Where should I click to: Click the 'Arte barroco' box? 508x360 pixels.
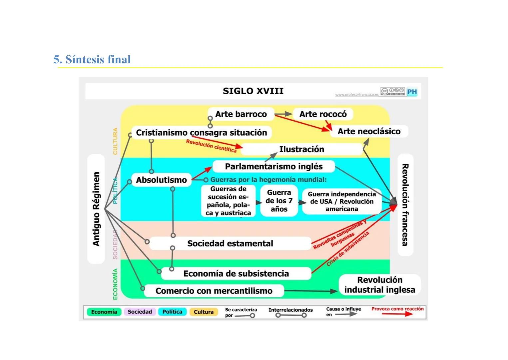(241, 114)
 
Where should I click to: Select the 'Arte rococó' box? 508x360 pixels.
(323, 114)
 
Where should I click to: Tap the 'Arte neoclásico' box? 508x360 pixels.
(369, 131)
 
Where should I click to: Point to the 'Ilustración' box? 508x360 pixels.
(301, 149)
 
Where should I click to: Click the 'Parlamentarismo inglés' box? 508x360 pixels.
(273, 166)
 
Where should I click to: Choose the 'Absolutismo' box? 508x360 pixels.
(161, 180)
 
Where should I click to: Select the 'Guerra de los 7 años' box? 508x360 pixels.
(279, 201)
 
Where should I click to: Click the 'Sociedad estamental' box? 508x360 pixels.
(230, 243)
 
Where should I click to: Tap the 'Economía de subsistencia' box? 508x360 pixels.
(236, 274)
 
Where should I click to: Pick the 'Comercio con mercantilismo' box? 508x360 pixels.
(214, 291)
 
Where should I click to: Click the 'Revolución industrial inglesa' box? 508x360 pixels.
(380, 285)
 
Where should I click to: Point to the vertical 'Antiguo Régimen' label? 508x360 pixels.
(96, 209)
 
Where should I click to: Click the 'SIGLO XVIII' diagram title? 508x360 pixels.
(253, 91)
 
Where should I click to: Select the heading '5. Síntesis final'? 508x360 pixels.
(92, 60)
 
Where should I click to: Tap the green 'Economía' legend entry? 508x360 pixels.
(104, 312)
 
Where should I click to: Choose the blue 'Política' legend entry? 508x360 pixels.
(172, 312)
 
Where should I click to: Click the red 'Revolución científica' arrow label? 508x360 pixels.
(211, 146)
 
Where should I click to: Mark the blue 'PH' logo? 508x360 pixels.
(412, 92)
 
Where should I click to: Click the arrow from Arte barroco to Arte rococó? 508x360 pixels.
(283, 114)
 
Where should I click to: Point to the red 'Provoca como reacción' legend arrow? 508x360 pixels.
(397, 314)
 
